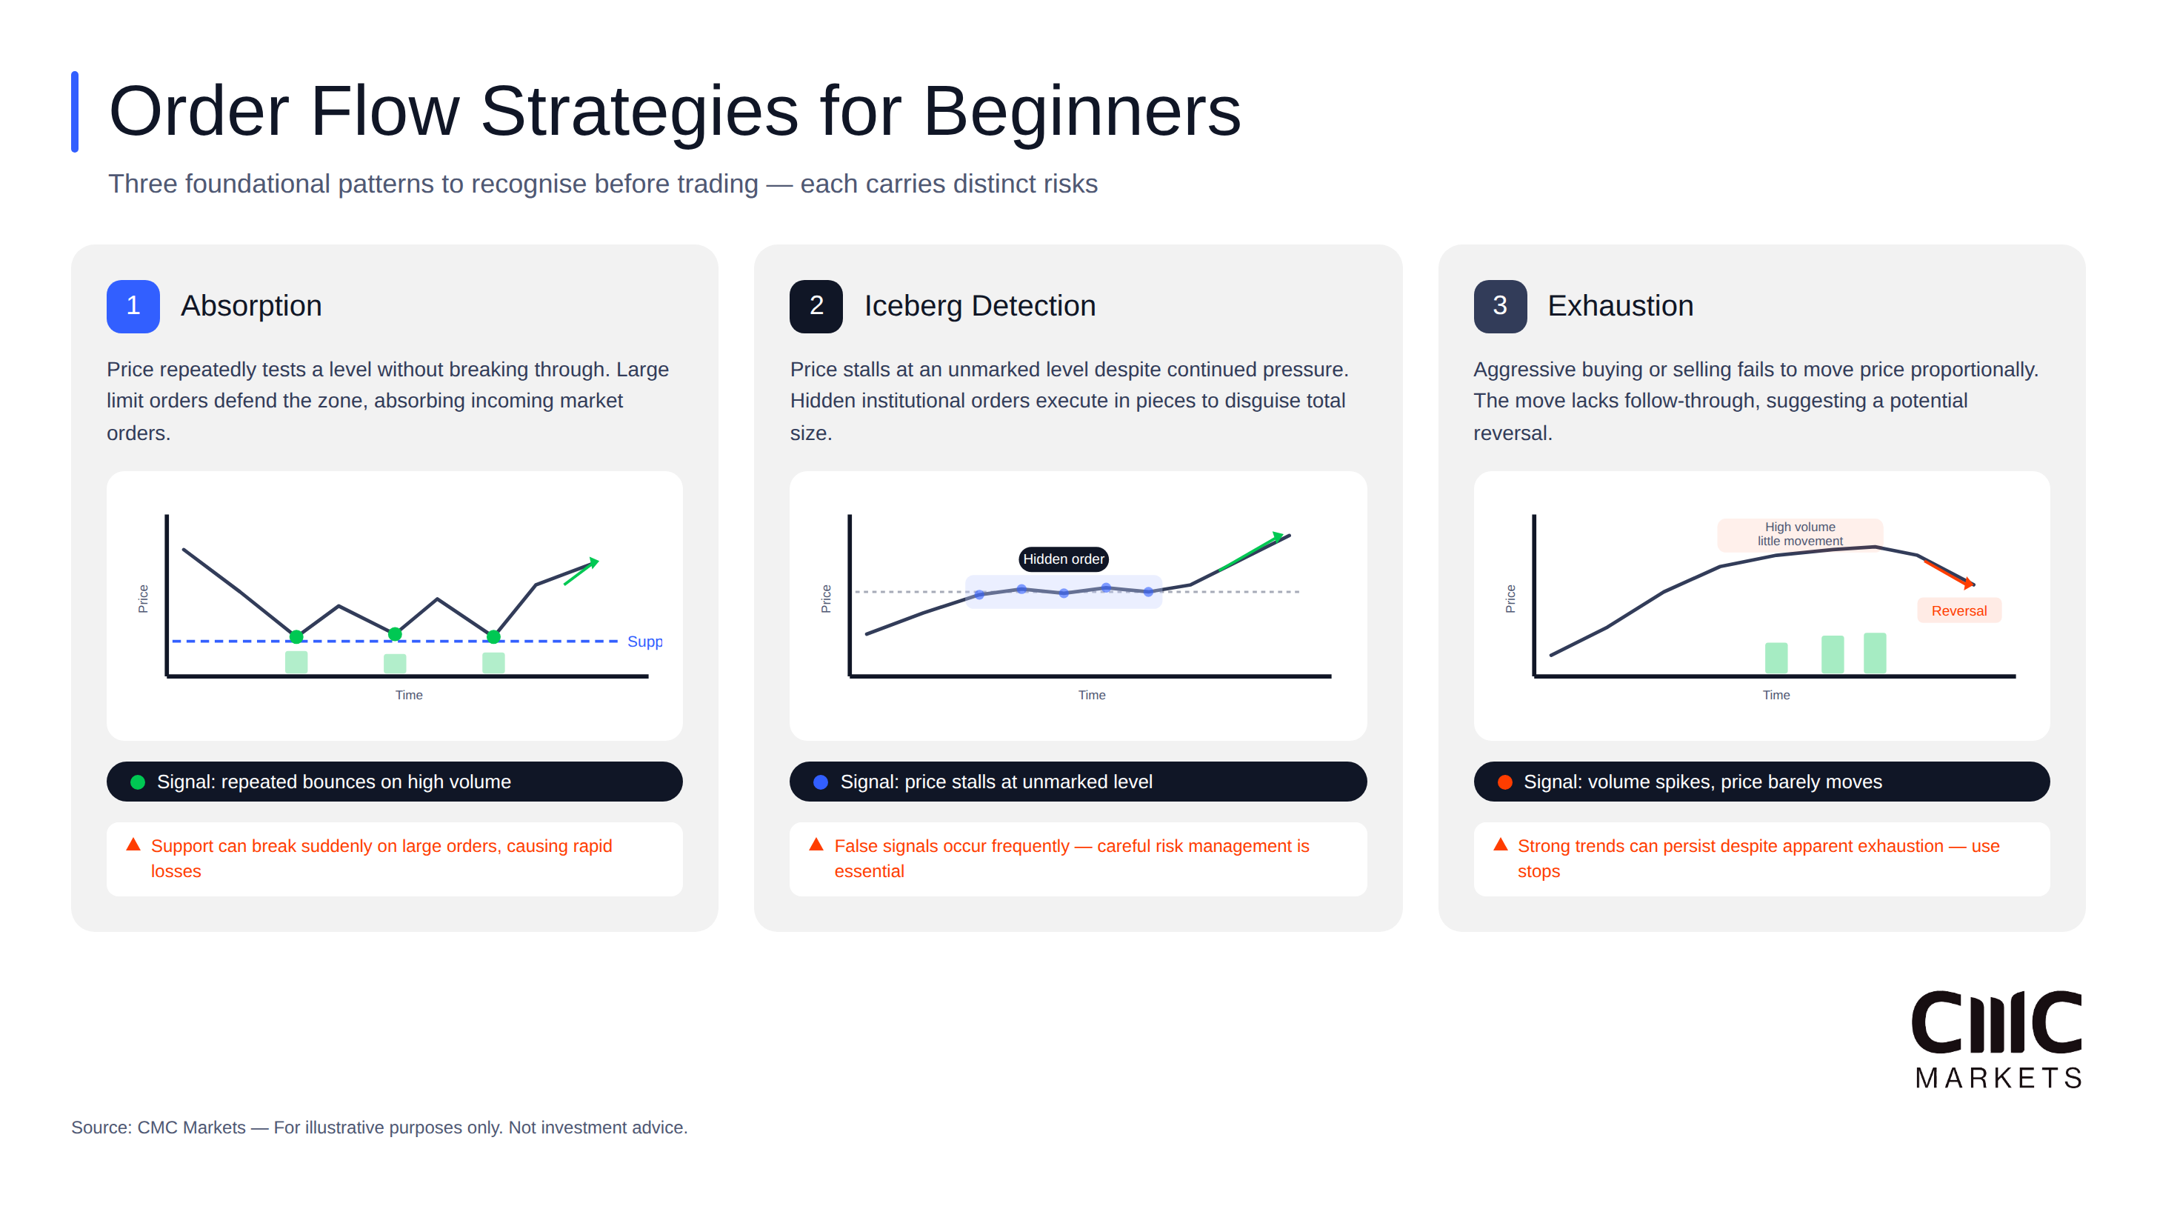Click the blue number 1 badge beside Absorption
tap(133, 306)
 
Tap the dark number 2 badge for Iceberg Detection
tap(816, 306)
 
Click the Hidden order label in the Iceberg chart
tap(1063, 559)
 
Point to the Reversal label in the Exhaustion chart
tap(1958, 610)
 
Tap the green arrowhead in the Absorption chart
tap(593, 562)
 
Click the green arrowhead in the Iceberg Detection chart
tap(1277, 536)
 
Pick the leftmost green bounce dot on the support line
tap(296, 637)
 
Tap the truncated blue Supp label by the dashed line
tap(644, 642)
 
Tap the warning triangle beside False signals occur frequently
tap(816, 844)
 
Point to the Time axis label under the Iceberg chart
tap(1091, 695)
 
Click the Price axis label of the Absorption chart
tap(143, 598)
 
